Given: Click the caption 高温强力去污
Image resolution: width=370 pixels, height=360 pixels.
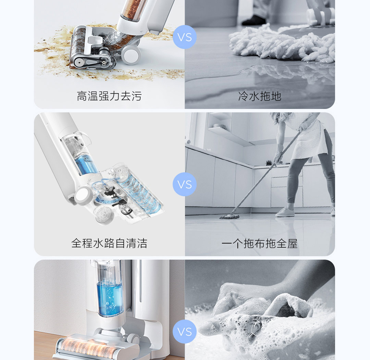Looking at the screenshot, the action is (x=109, y=96).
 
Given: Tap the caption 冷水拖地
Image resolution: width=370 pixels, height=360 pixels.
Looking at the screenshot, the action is (x=260, y=96).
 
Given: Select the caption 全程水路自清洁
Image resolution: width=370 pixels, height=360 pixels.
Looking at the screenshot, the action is (x=109, y=243).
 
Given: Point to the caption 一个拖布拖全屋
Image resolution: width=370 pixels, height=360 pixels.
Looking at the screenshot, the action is (x=260, y=244).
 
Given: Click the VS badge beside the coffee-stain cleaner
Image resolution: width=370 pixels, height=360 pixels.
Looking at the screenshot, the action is (x=185, y=37).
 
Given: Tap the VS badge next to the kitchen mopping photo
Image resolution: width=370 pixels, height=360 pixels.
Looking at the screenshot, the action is (x=185, y=184).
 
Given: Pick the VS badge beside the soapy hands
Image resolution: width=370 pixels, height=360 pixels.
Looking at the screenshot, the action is (x=185, y=332).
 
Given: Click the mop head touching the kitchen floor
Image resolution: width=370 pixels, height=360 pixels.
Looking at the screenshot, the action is (x=229, y=216).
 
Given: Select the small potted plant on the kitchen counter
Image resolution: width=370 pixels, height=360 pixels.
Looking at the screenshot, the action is (x=268, y=163).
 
